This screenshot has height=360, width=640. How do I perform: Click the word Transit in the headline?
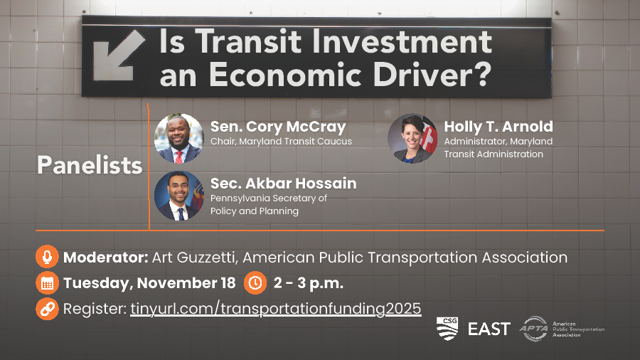pos(248,41)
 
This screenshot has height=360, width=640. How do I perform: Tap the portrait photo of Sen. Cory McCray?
pos(178,138)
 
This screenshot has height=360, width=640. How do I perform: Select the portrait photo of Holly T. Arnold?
pos(412,138)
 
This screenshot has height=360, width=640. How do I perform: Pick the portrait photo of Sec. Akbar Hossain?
pos(178,196)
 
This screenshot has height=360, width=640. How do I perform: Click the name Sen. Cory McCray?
pos(278,127)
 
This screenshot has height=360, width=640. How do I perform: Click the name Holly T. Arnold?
pos(498,127)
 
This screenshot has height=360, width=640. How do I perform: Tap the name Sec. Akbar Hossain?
pos(283,184)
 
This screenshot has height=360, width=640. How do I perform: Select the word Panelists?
pos(90,165)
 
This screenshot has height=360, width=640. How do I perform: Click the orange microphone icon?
pos(47,257)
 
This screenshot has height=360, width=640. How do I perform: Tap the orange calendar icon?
pos(47,283)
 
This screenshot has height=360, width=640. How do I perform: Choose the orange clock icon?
pos(255,283)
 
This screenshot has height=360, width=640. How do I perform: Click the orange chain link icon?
pos(47,309)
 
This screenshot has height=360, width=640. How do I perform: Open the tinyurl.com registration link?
pos(275,309)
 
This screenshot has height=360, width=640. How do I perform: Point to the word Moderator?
pos(105,258)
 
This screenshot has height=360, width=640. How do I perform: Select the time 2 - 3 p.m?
pos(308,283)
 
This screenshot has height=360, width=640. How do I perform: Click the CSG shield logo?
pos(447,328)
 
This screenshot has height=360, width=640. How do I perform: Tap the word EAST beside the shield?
pos(489,329)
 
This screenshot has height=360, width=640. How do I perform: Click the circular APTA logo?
pos(535,329)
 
